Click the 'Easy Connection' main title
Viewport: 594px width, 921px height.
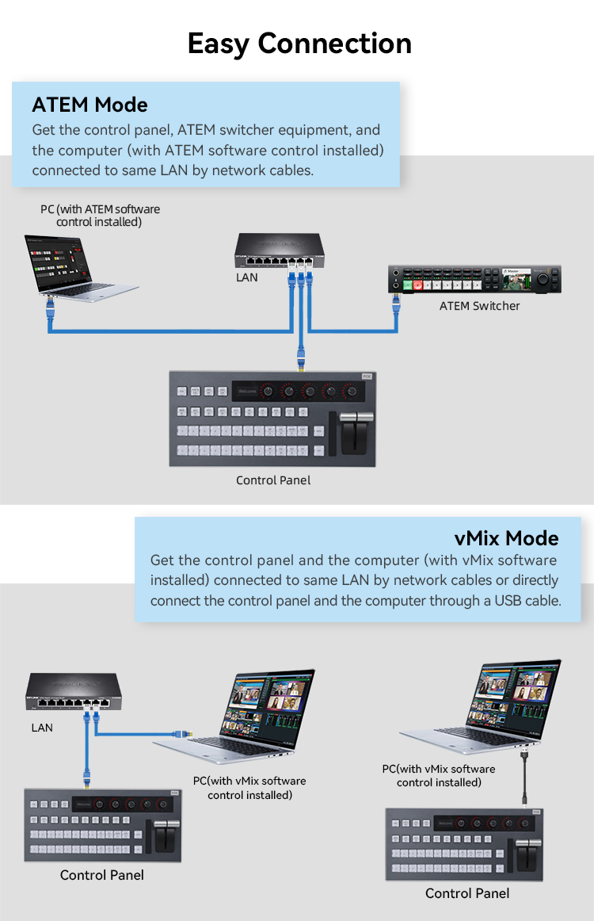tap(299, 43)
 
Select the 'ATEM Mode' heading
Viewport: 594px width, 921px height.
tap(89, 105)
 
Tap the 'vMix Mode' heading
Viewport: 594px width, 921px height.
tap(507, 538)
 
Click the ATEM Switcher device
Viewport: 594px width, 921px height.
tap(474, 281)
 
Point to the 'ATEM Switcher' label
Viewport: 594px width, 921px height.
tap(479, 306)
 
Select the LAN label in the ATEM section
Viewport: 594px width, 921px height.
tap(246, 278)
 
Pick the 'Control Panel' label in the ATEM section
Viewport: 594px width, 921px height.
tap(273, 480)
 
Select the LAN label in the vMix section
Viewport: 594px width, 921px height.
tap(42, 727)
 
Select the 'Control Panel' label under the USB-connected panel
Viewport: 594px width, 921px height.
tap(467, 893)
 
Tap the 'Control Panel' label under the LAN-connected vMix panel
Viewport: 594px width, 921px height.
tap(102, 875)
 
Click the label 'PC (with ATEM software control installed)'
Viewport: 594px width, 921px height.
tap(101, 216)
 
